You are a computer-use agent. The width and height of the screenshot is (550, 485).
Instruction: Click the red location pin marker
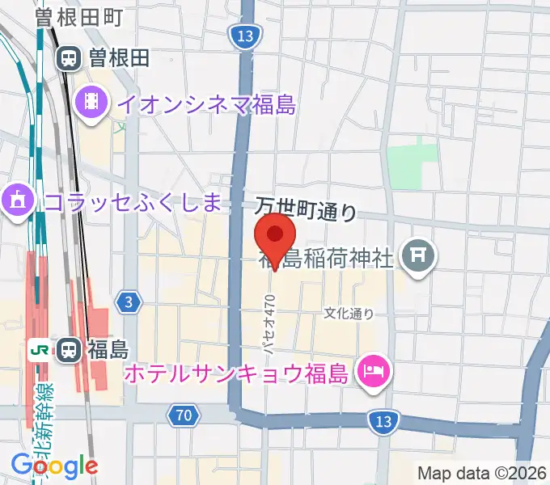point(275,236)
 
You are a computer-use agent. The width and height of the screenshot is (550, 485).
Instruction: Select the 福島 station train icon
point(70,350)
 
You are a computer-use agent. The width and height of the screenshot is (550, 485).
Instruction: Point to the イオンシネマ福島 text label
point(207,104)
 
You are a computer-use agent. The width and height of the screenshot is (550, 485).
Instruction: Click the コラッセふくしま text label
point(133,201)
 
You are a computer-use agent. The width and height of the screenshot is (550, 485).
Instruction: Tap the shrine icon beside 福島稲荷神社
point(420,258)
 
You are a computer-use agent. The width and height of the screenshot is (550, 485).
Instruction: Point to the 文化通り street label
point(349,313)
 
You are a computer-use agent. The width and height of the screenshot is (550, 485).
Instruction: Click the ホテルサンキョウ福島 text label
point(236,373)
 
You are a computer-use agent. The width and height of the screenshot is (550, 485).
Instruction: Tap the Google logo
point(54,465)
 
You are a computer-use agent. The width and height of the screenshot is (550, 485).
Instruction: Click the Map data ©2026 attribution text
point(480,472)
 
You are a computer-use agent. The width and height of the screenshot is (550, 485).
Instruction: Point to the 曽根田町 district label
point(79,17)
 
